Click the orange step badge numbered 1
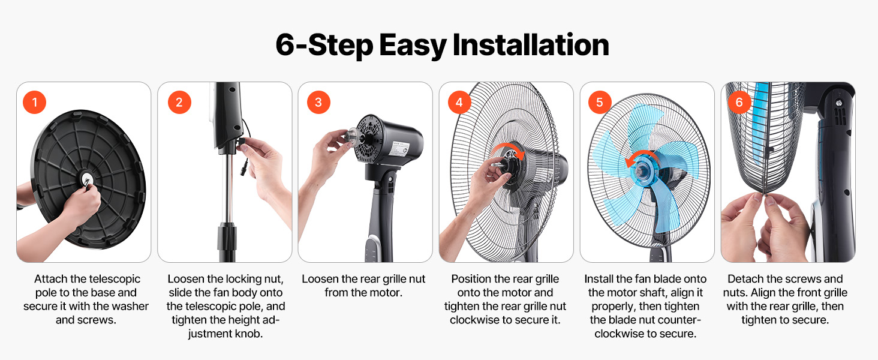35,102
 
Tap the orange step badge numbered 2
179,102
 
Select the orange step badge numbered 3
318,102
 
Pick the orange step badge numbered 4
459,102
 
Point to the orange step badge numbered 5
600,102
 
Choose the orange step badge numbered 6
739,102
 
